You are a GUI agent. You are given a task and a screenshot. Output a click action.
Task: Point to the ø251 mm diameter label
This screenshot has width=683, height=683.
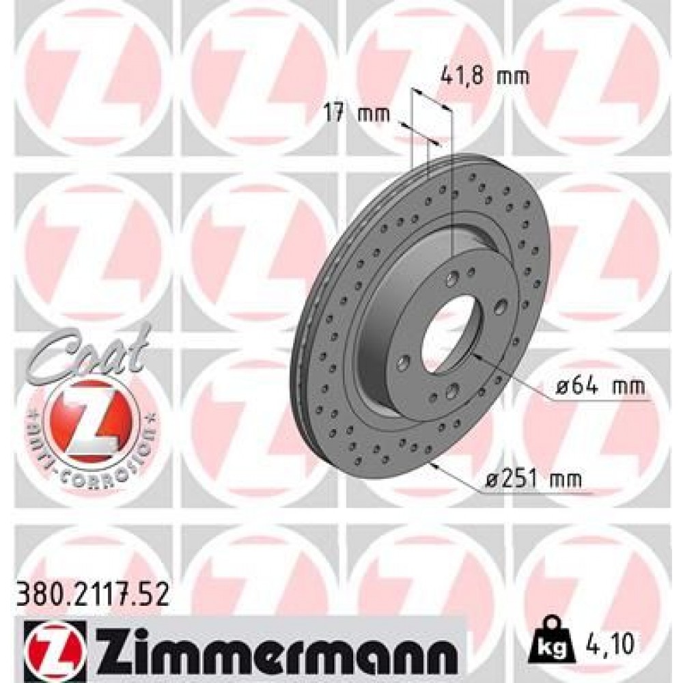tap(535, 480)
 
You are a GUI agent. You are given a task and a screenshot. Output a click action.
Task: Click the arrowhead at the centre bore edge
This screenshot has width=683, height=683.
tap(476, 355)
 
